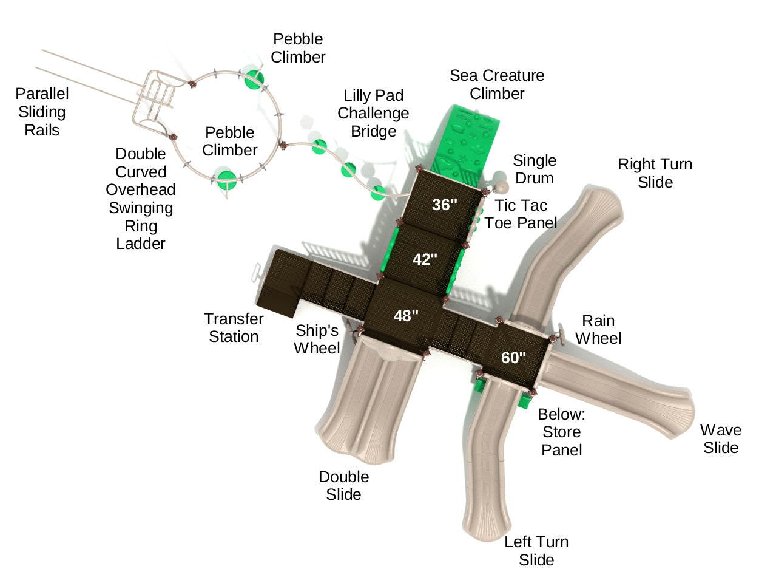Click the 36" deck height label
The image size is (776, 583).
444,205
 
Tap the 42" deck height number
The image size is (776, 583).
425,259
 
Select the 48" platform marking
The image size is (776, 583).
406,316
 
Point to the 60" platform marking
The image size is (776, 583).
513,358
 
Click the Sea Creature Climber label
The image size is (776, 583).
497,84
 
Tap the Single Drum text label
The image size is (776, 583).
534,169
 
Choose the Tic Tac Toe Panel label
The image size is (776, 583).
521,214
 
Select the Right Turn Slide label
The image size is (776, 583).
655,173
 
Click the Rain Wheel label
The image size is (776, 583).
598,330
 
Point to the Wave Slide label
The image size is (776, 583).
721,439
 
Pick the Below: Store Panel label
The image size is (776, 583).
561,432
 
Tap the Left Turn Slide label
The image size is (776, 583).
536,551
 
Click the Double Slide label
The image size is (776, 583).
343,485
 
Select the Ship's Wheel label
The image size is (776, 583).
317,339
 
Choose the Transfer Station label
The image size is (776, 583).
234,328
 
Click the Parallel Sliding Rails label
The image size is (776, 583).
42,112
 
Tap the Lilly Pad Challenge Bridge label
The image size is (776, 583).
373,114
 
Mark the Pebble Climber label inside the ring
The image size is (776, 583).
230,141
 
